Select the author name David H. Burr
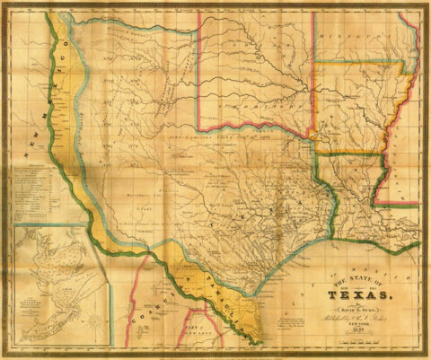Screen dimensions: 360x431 [x=360, y=306]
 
